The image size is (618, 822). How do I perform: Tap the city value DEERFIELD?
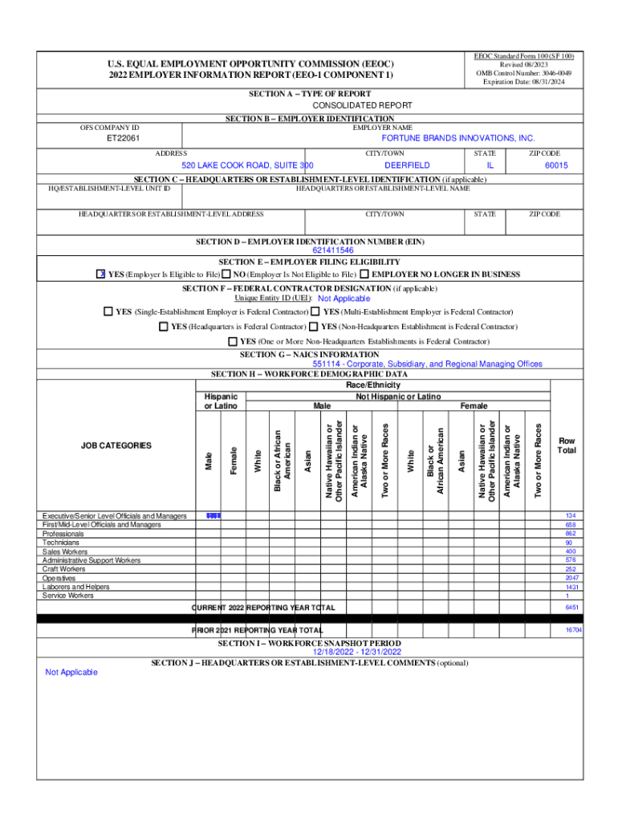(384, 165)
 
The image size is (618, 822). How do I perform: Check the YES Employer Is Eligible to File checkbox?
(101, 275)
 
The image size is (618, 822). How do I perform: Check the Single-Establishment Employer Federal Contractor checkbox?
(108, 311)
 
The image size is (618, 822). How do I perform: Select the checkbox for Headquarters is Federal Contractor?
(165, 327)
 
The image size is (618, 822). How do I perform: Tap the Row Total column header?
(567, 446)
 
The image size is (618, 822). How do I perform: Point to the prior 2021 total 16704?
(571, 631)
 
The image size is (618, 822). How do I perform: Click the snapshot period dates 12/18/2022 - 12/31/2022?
(310, 653)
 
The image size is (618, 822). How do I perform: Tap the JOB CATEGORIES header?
(116, 446)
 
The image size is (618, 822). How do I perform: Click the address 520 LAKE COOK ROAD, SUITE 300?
(242, 165)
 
